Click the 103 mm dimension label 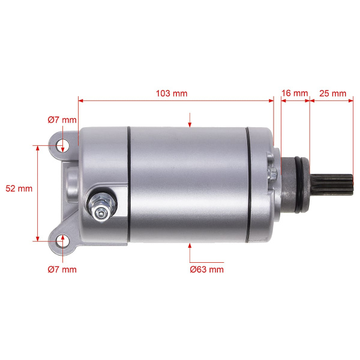tap(172, 94)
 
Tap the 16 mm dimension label tap(295, 93)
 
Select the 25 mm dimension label tap(332, 94)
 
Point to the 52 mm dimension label tap(19, 188)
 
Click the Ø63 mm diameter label tap(206, 269)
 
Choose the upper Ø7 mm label tap(62, 120)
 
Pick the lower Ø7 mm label tap(62, 269)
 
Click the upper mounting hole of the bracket tap(62, 145)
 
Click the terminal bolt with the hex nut tap(102, 206)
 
